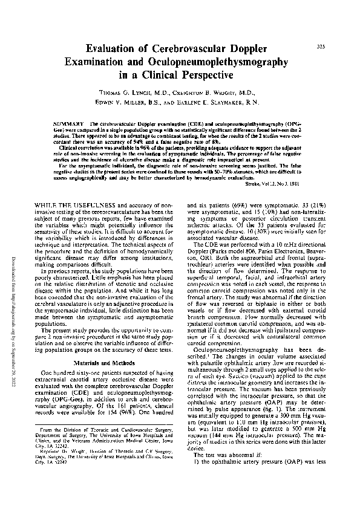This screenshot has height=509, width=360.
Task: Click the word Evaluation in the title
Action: pyautogui.click(x=115, y=50)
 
